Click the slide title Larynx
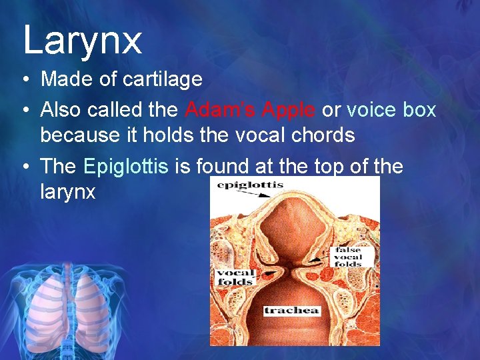[82, 40]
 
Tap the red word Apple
[290, 109]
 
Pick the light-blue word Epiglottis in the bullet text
[127, 167]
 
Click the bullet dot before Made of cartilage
[24, 80]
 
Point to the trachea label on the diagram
[292, 311]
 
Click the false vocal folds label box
[349, 257]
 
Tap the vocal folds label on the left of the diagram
[235, 277]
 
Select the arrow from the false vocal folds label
[322, 257]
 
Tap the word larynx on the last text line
[68, 193]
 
